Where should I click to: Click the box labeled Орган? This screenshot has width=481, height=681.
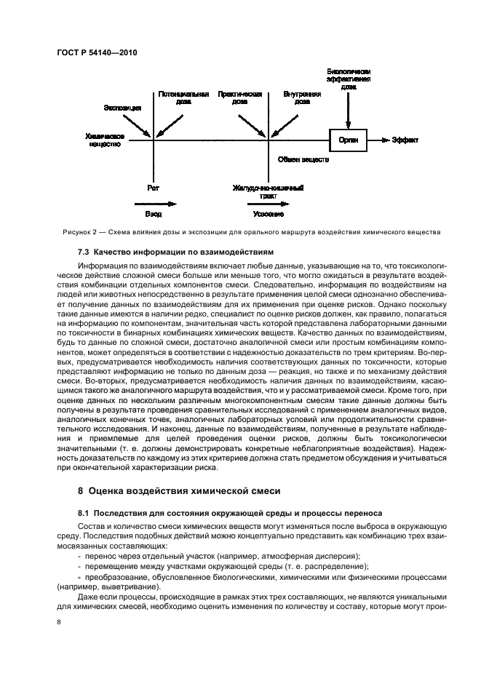[x=348, y=139]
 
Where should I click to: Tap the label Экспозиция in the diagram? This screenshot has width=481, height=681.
[x=122, y=108]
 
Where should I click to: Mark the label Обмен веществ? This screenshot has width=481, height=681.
[x=304, y=158]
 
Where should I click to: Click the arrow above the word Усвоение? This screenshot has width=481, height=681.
[x=267, y=204]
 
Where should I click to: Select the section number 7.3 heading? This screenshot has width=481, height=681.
[x=85, y=252]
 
